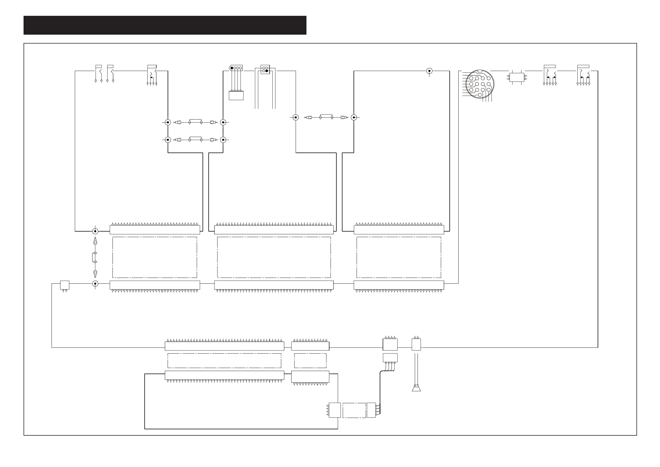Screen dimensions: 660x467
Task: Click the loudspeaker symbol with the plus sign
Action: tap(416, 388)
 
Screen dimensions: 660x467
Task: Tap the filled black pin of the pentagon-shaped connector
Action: tap(232, 68)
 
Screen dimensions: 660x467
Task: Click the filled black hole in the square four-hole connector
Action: tap(267, 71)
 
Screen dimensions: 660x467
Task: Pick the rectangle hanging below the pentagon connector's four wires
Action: tap(236, 95)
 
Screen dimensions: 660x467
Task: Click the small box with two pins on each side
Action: tap(516, 77)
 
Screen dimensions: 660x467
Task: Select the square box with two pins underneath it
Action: tap(65, 285)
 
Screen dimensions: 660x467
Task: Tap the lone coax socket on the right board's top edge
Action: tap(429, 71)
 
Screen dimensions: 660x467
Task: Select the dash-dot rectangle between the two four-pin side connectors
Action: tap(354, 410)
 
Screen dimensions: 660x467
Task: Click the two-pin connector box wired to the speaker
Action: tap(416, 344)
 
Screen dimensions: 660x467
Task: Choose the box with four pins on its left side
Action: tap(335, 410)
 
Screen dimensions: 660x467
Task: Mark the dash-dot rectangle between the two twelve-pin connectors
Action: tap(310, 361)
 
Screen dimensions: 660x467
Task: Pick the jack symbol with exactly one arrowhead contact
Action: tap(152, 75)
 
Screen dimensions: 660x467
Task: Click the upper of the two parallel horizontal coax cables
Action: tap(195, 122)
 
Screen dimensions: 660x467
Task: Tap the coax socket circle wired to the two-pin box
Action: tap(95, 284)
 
